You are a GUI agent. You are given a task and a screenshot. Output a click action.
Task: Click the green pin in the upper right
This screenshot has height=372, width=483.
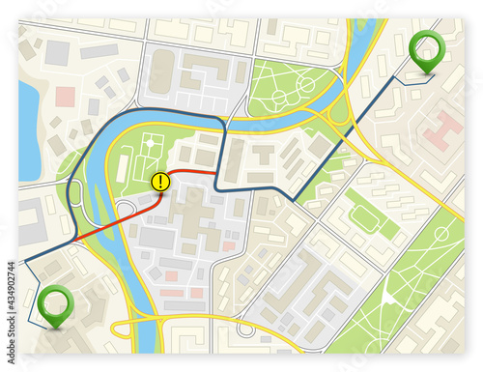(x=424, y=47)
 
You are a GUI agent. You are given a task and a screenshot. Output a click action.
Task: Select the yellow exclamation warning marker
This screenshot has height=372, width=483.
(x=160, y=180)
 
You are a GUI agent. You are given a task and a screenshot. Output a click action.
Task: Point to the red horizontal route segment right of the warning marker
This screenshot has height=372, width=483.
(x=193, y=171)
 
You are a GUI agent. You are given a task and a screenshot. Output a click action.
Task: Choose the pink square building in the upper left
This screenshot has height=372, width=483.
(x=66, y=96)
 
